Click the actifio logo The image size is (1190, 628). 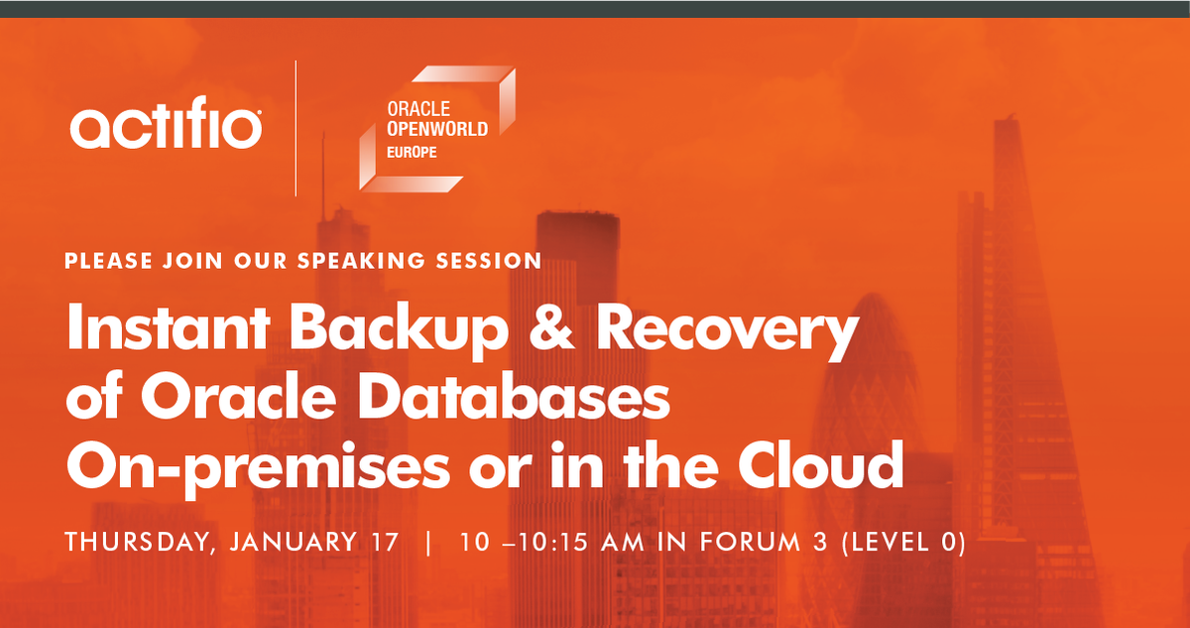pyautogui.click(x=166, y=127)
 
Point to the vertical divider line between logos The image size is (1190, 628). pyautogui.click(x=296, y=128)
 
